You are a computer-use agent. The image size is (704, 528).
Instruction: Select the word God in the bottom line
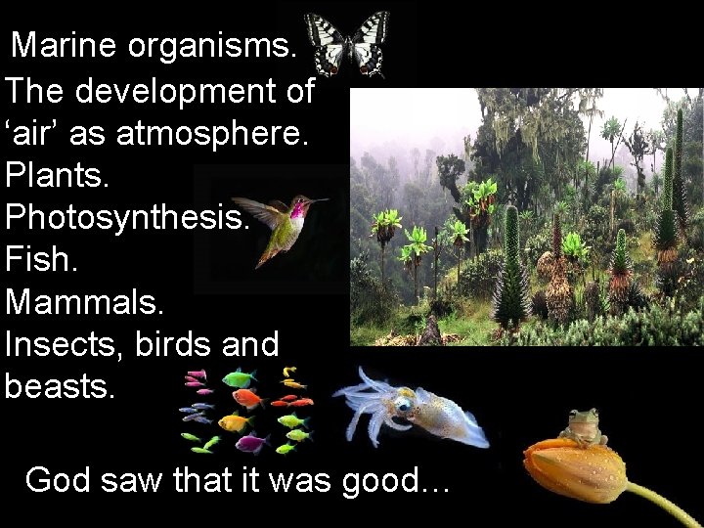point(59,480)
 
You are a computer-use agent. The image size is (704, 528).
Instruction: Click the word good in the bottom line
point(392,480)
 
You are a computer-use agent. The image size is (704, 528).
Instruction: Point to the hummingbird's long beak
point(316,200)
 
